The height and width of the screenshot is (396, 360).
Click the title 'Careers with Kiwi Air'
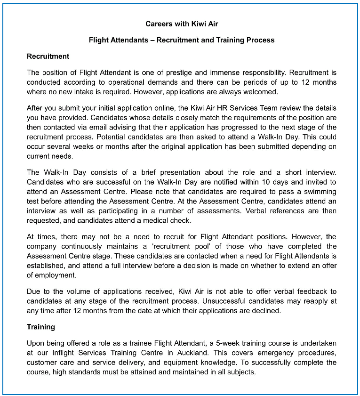pyautogui.click(x=182, y=24)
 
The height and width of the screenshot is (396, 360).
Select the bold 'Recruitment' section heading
pyautogui.click(x=48, y=57)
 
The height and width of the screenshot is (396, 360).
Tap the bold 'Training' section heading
pyautogui.click(x=41, y=327)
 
